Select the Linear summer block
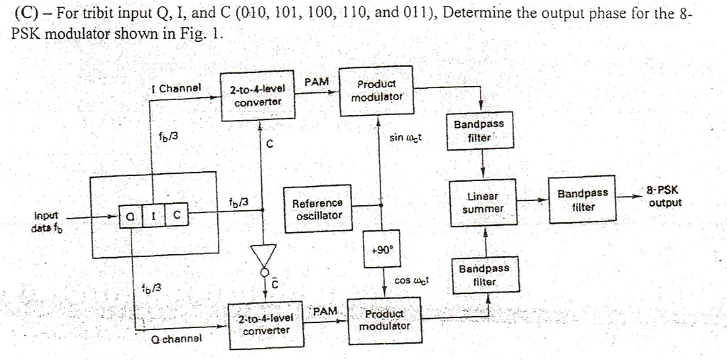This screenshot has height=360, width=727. click(483, 202)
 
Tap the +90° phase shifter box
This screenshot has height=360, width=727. click(382, 249)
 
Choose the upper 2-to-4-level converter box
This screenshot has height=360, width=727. click(258, 95)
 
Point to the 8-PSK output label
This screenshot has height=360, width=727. click(663, 197)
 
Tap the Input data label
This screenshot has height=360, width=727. click(46, 220)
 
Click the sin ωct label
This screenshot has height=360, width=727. click(406, 136)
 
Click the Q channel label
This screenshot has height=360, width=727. click(175, 339)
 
